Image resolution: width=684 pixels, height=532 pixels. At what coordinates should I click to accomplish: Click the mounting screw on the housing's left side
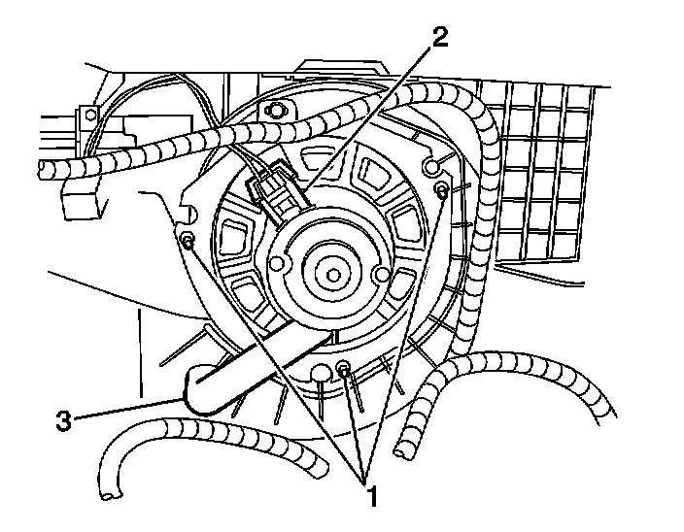pos(188,240)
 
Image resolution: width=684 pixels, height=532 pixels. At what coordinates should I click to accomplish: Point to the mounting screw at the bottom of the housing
pos(344,366)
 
